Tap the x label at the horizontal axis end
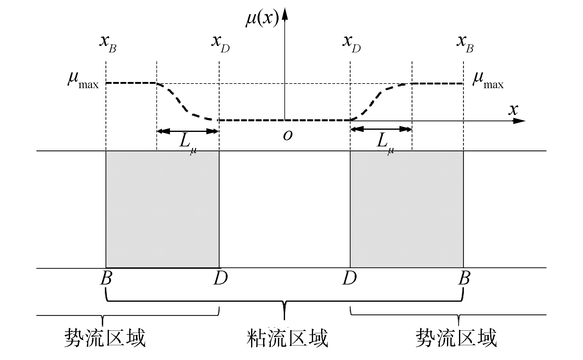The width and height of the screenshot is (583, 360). click(513, 109)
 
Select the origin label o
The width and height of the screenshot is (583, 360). click(288, 135)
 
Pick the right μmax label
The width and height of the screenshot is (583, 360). click(488, 80)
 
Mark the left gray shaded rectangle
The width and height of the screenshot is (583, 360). click(163, 209)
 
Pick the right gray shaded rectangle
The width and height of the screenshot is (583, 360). click(407, 209)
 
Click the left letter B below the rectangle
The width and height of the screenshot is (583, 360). click(106, 279)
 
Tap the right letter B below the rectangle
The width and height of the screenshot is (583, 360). click(464, 279)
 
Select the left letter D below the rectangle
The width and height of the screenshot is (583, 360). click(220, 279)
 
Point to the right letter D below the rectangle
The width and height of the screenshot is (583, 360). click(349, 279)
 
